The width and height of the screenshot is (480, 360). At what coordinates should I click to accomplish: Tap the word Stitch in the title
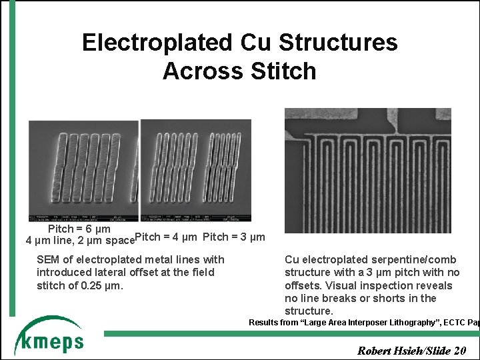pyautogui.click(x=281, y=71)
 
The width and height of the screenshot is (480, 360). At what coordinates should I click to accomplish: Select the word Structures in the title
pyautogui.click(x=338, y=43)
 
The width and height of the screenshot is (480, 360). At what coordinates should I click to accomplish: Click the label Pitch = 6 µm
pyautogui.click(x=79, y=229)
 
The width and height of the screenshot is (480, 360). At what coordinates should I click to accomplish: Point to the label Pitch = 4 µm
pyautogui.click(x=166, y=237)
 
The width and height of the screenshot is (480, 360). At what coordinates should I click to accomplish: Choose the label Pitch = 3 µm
pyautogui.click(x=233, y=237)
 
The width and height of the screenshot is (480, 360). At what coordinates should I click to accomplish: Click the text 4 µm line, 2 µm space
pyautogui.click(x=79, y=240)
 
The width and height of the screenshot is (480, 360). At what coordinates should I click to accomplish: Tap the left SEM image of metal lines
pyautogui.click(x=83, y=171)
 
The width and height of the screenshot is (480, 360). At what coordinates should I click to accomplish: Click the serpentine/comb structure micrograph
pyautogui.click(x=367, y=170)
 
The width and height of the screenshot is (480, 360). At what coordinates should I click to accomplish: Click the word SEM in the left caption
pyautogui.click(x=48, y=259)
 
